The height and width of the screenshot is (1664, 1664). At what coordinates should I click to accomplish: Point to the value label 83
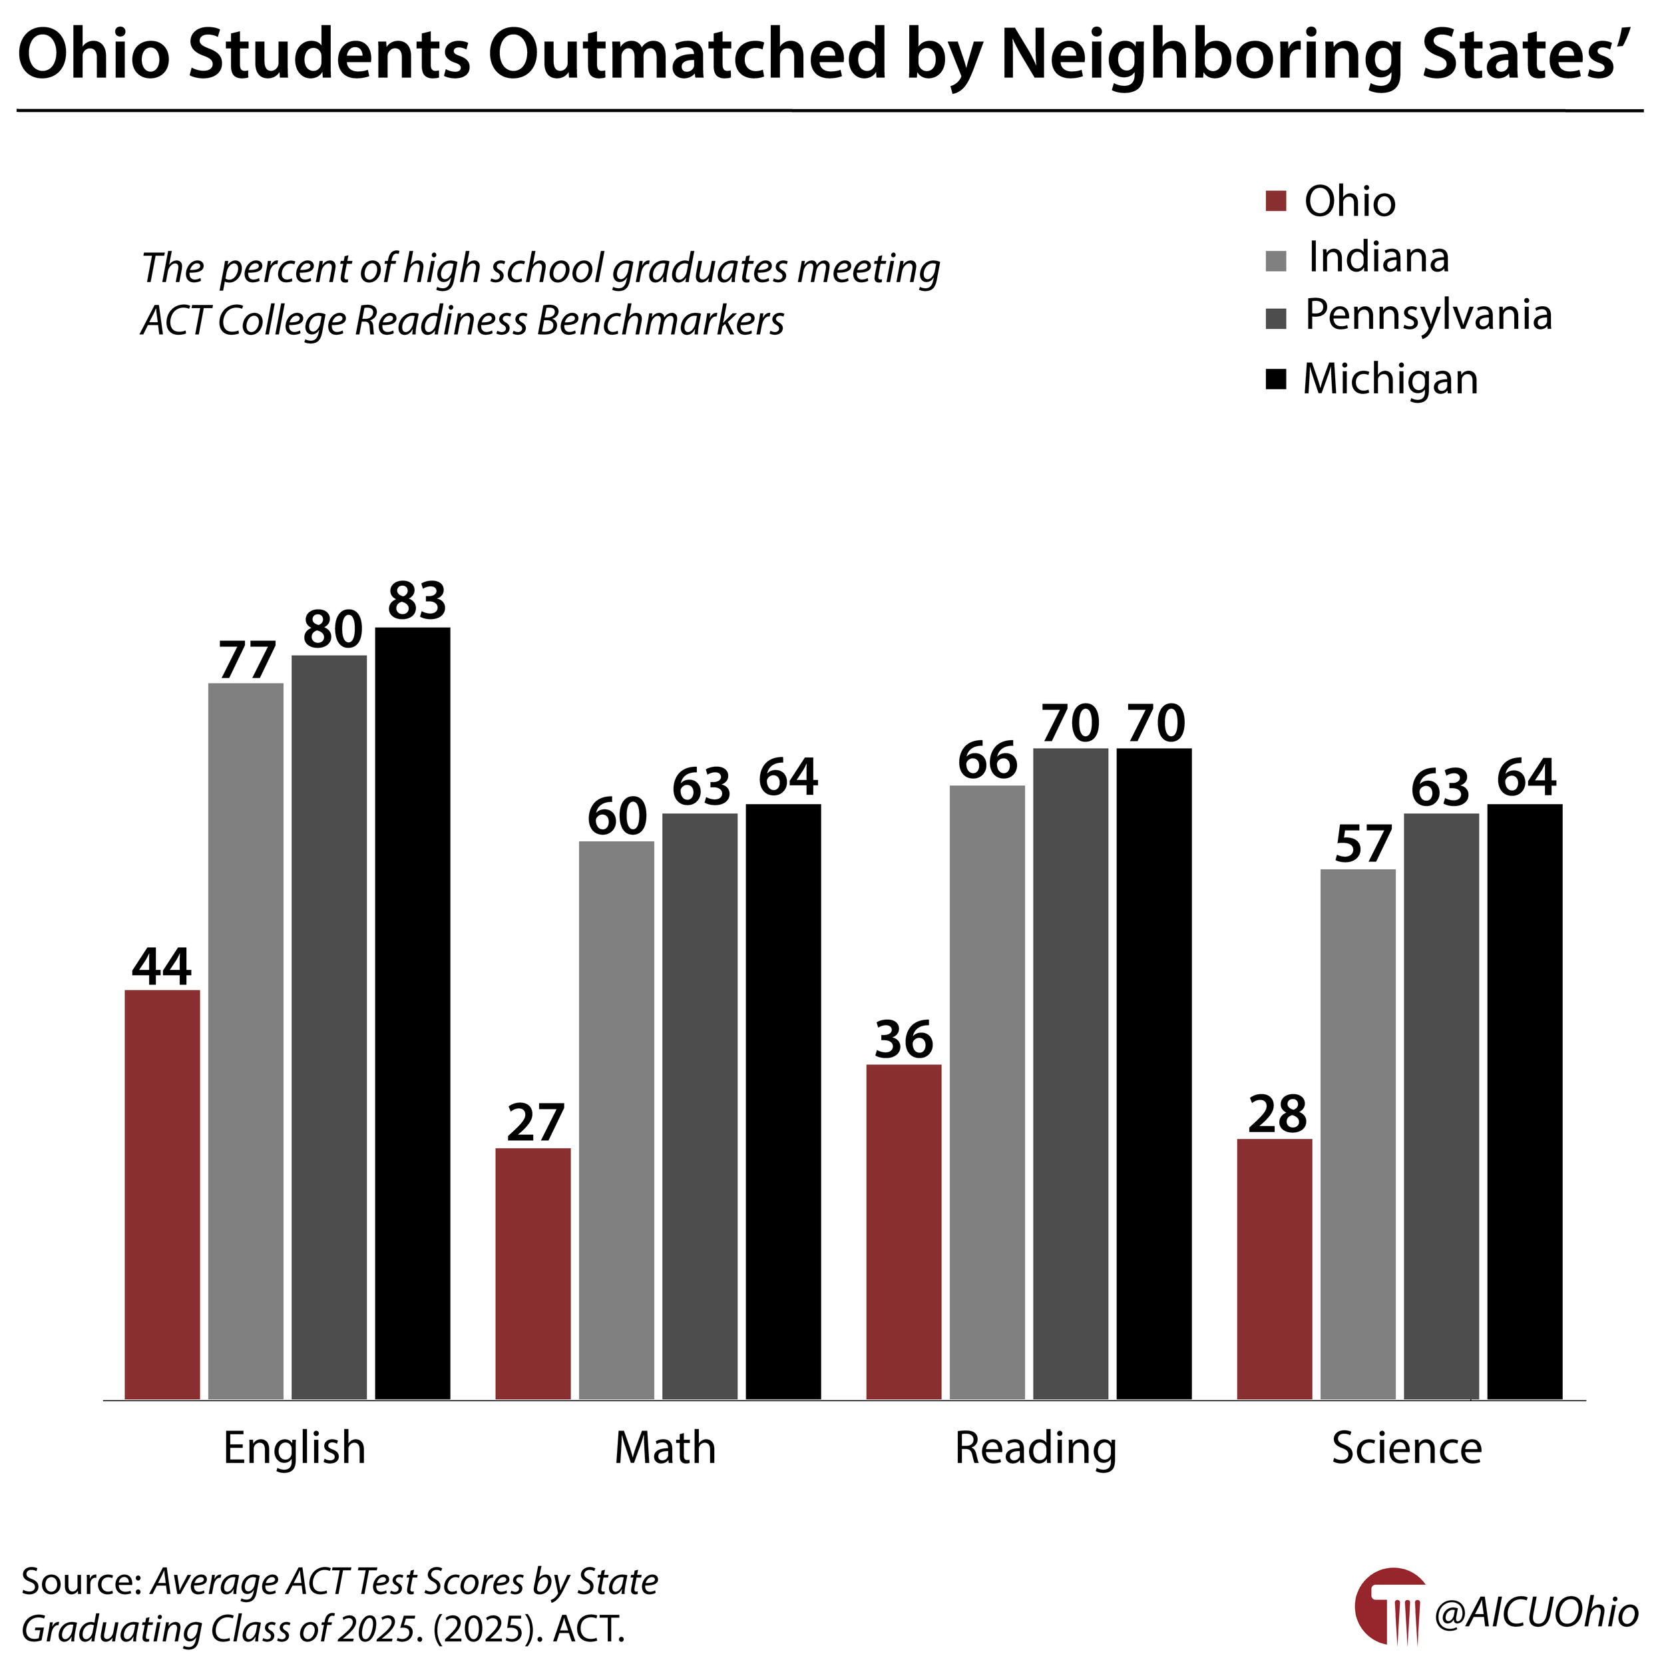417,600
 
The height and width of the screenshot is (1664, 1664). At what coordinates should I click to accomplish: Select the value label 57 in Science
1362,844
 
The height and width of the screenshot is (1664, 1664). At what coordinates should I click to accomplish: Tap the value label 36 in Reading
903,1039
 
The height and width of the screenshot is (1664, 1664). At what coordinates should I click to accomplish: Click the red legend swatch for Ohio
1275,201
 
